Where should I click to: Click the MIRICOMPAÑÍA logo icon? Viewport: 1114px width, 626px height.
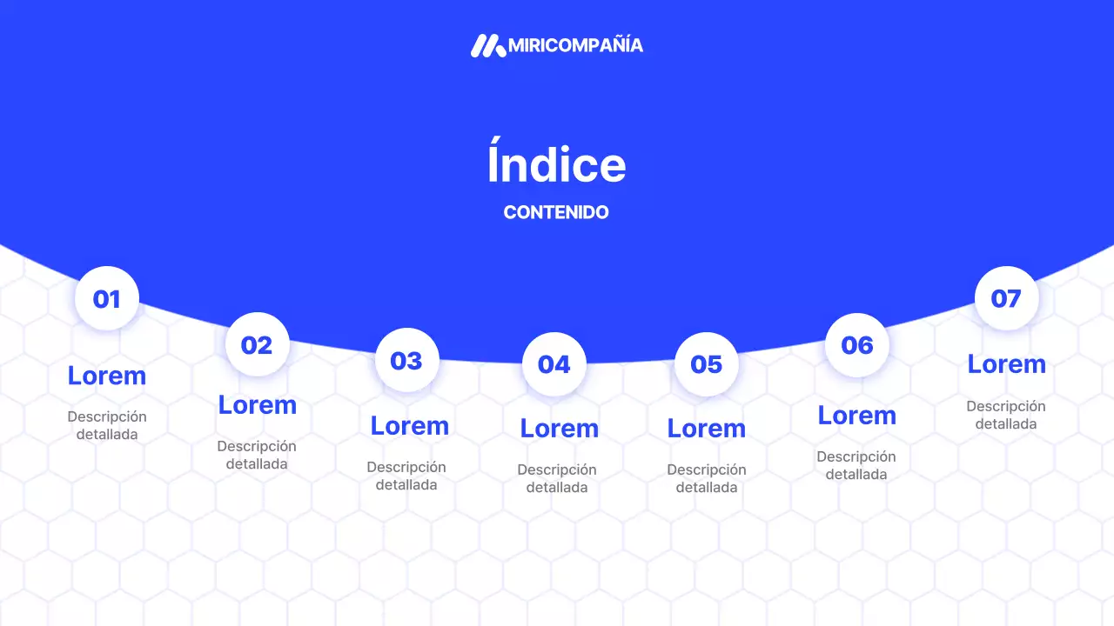[487, 45]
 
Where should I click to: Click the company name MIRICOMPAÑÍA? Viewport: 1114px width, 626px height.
[575, 45]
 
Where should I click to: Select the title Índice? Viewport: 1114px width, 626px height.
[556, 164]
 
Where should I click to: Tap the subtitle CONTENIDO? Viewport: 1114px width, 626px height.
[556, 212]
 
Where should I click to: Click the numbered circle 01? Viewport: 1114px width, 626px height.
[107, 299]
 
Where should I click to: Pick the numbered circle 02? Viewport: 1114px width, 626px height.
[257, 345]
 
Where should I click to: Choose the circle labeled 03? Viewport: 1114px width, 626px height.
[406, 360]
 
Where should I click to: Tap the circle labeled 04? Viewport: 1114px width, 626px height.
[554, 364]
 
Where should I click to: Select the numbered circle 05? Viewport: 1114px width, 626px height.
[706, 364]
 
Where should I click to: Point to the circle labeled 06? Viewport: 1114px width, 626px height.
[856, 345]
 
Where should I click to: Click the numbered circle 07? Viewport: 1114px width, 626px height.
[1006, 298]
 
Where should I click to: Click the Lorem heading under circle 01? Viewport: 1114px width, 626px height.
[107, 376]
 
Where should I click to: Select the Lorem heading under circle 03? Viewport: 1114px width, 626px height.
[409, 425]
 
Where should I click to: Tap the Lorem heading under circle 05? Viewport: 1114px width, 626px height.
[706, 428]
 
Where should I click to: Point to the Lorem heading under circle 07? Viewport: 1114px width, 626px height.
[1006, 363]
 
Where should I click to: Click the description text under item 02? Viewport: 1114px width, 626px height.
[257, 455]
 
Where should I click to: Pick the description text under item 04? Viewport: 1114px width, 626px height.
[557, 478]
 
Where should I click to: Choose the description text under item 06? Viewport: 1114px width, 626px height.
[856, 465]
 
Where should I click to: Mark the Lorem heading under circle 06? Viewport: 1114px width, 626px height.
[856, 415]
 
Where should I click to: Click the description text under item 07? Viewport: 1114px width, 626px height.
[1006, 415]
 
